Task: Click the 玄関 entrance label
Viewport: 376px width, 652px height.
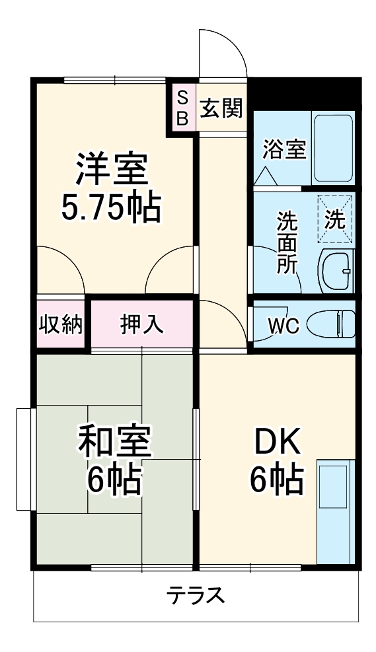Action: click(221, 108)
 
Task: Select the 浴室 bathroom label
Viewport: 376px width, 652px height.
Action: click(283, 149)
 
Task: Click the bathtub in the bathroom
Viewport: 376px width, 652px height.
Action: click(333, 149)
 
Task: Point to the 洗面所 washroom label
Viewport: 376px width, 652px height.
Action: click(286, 240)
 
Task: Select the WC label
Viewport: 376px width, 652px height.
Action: click(283, 326)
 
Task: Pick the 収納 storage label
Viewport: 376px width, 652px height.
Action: click(59, 324)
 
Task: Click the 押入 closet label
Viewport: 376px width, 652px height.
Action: click(141, 324)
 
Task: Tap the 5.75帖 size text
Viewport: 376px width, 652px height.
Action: click(111, 209)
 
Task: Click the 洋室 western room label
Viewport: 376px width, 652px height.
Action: click(111, 171)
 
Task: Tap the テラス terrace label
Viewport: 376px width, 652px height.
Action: click(195, 595)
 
